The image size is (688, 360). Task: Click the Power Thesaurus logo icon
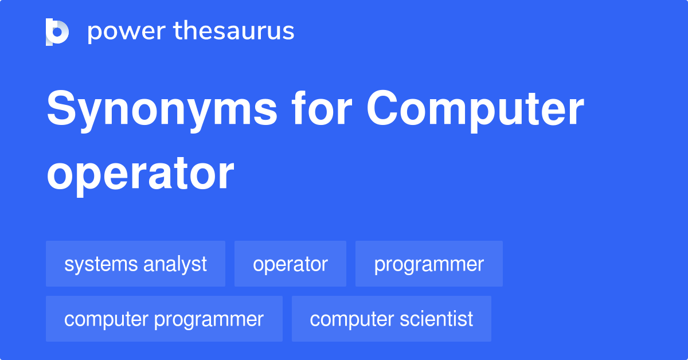pyautogui.click(x=57, y=32)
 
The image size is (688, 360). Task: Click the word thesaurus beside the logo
pyautogui.click(x=234, y=32)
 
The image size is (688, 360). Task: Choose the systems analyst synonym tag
pyautogui.click(x=135, y=264)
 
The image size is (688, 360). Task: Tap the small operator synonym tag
pyautogui.click(x=290, y=264)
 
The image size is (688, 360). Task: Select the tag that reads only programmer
pyautogui.click(x=429, y=264)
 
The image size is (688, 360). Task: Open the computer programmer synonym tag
pyautogui.click(x=164, y=319)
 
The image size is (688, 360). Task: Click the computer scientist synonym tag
pyautogui.click(x=392, y=319)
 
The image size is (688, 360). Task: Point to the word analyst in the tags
pyautogui.click(x=175, y=264)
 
